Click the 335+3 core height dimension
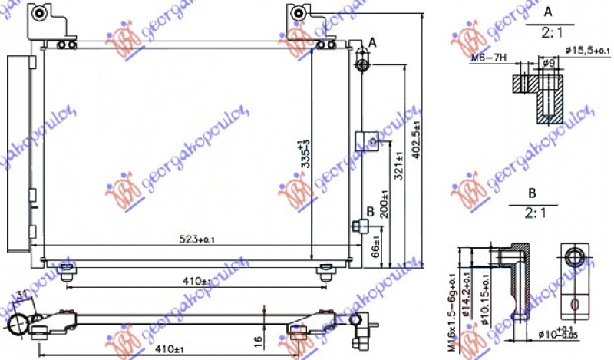[305, 154]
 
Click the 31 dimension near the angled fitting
[20, 297]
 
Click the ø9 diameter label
[548, 63]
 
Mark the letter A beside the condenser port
[372, 41]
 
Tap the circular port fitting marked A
[363, 67]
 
